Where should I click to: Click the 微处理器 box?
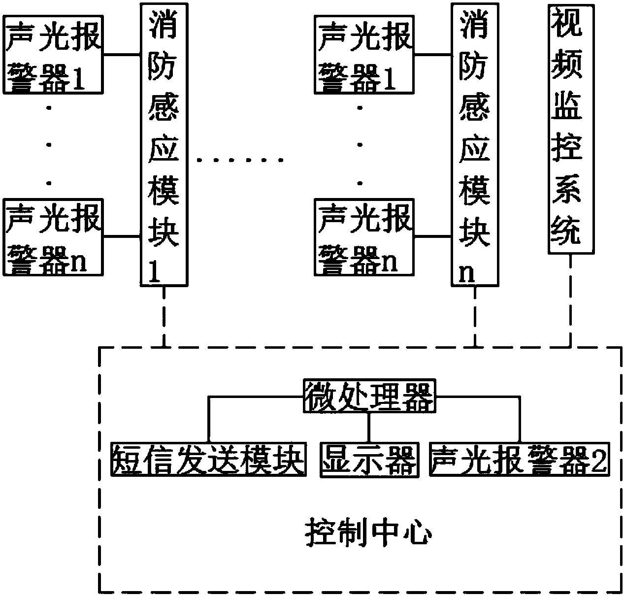click(368, 396)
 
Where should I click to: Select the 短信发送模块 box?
click(207, 460)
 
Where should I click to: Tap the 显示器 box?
click(369, 460)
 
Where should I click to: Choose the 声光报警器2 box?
click(519, 460)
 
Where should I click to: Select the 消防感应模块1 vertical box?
click(164, 144)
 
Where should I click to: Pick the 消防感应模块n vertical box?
click(475, 144)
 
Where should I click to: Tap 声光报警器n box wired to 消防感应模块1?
click(52, 237)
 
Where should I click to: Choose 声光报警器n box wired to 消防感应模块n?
click(364, 237)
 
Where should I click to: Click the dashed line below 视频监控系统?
click(571, 300)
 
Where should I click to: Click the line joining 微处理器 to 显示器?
click(369, 427)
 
